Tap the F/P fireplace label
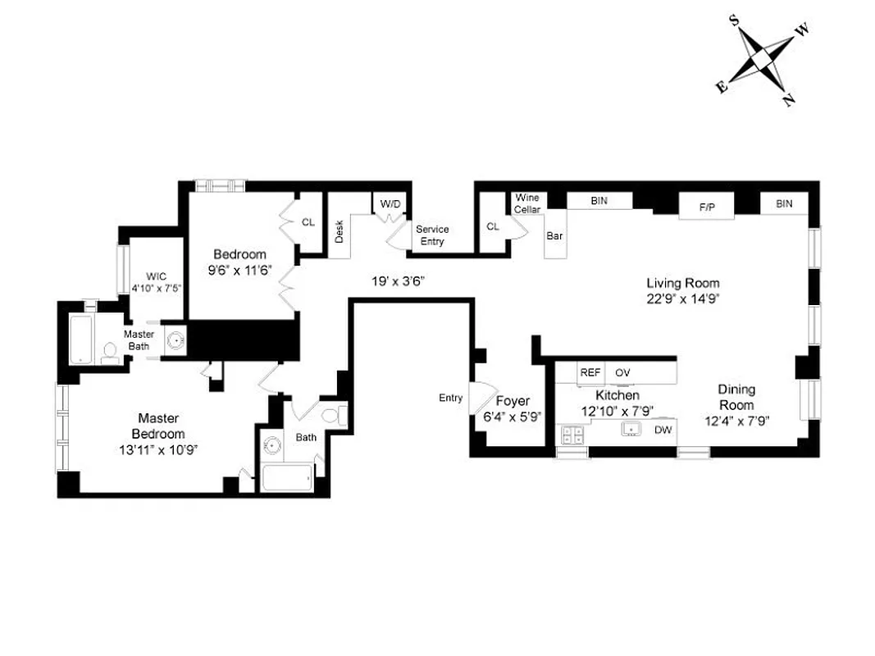[706, 207]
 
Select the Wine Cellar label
[526, 203]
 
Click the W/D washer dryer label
[389, 203]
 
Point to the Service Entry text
[432, 235]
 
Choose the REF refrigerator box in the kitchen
[590, 372]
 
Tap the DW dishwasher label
[661, 430]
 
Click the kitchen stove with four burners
[572, 435]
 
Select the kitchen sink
[631, 429]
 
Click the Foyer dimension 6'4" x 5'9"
[513, 417]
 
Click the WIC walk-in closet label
[156, 276]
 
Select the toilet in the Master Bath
[110, 353]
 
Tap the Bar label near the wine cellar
[554, 236]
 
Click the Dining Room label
[736, 397]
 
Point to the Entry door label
[450, 398]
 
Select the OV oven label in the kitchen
[622, 372]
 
